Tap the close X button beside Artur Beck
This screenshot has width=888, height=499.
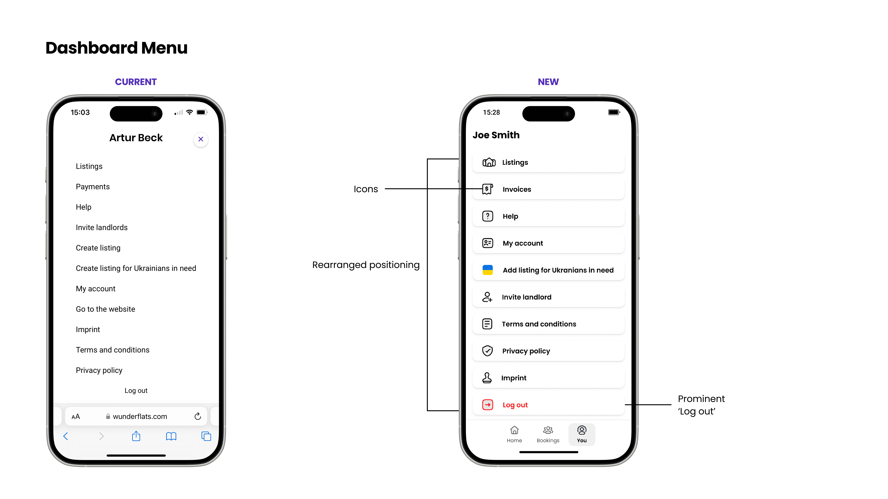tap(201, 139)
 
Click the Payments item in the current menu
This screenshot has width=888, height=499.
tap(93, 187)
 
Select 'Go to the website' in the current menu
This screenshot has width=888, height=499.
tap(105, 309)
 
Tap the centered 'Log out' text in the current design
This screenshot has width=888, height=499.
tap(136, 391)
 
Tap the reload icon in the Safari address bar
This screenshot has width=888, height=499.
tap(198, 416)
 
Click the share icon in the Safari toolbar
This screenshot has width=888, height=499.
tap(136, 436)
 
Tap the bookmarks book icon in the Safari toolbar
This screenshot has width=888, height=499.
tap(171, 436)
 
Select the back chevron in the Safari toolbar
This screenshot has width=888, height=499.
tap(65, 436)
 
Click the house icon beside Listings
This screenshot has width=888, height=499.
tap(489, 162)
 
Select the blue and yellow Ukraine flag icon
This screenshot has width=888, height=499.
tap(487, 270)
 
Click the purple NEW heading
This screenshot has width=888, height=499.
tap(548, 82)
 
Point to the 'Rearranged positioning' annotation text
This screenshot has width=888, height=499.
tap(366, 265)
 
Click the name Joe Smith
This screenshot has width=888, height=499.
tap(496, 135)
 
